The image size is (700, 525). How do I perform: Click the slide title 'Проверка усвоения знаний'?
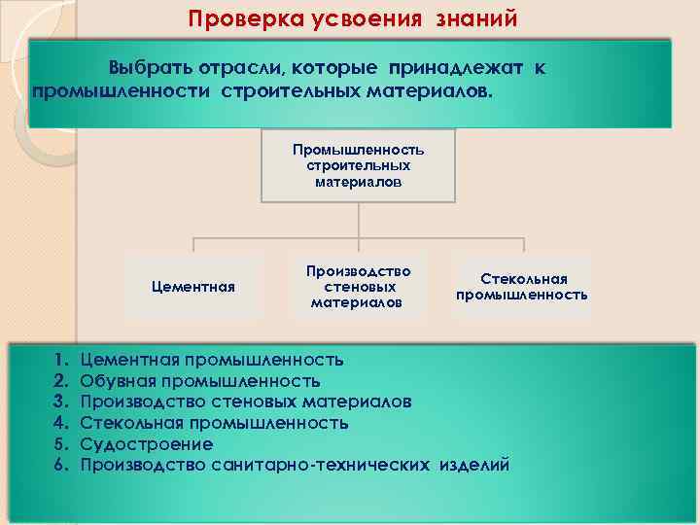pos(353,18)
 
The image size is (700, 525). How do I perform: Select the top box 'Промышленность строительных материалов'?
pos(359,166)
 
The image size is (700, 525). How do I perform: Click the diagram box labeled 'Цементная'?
pos(192,287)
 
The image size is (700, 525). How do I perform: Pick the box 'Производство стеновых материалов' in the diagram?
pos(358,287)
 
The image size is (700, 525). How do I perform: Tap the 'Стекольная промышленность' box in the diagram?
pos(522,287)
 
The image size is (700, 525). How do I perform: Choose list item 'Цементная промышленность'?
pos(211,361)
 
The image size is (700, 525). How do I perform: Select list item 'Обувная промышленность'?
pos(199,381)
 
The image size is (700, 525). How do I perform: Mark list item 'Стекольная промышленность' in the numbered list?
pos(214,423)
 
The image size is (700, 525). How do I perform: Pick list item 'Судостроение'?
pos(146,444)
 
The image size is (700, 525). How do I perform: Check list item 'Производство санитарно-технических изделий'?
pos(294,465)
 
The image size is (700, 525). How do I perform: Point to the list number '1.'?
pos(60,361)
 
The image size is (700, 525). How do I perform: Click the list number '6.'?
pos(60,465)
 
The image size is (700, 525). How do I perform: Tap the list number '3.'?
pos(60,402)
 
